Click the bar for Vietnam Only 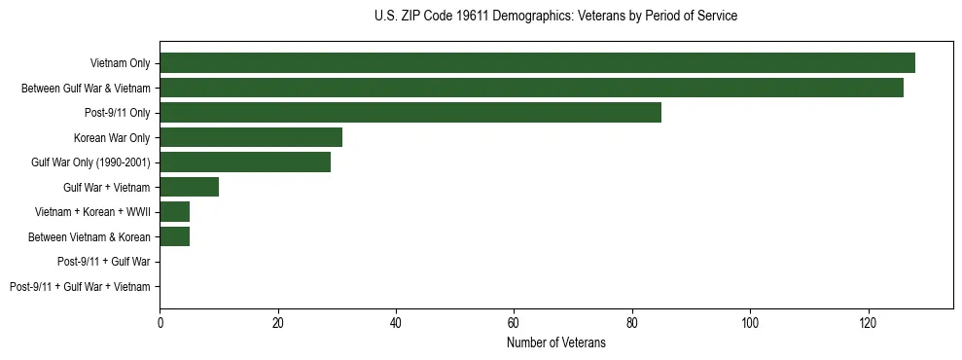537,63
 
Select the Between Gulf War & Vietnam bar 531,88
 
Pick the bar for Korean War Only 251,137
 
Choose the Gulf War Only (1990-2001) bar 245,162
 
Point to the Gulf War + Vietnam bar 189,187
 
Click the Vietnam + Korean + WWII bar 174,211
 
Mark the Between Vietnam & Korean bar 174,236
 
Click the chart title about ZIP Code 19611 555,17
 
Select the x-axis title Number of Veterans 555,342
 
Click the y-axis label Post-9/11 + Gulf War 104,261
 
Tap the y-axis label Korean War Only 112,137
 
